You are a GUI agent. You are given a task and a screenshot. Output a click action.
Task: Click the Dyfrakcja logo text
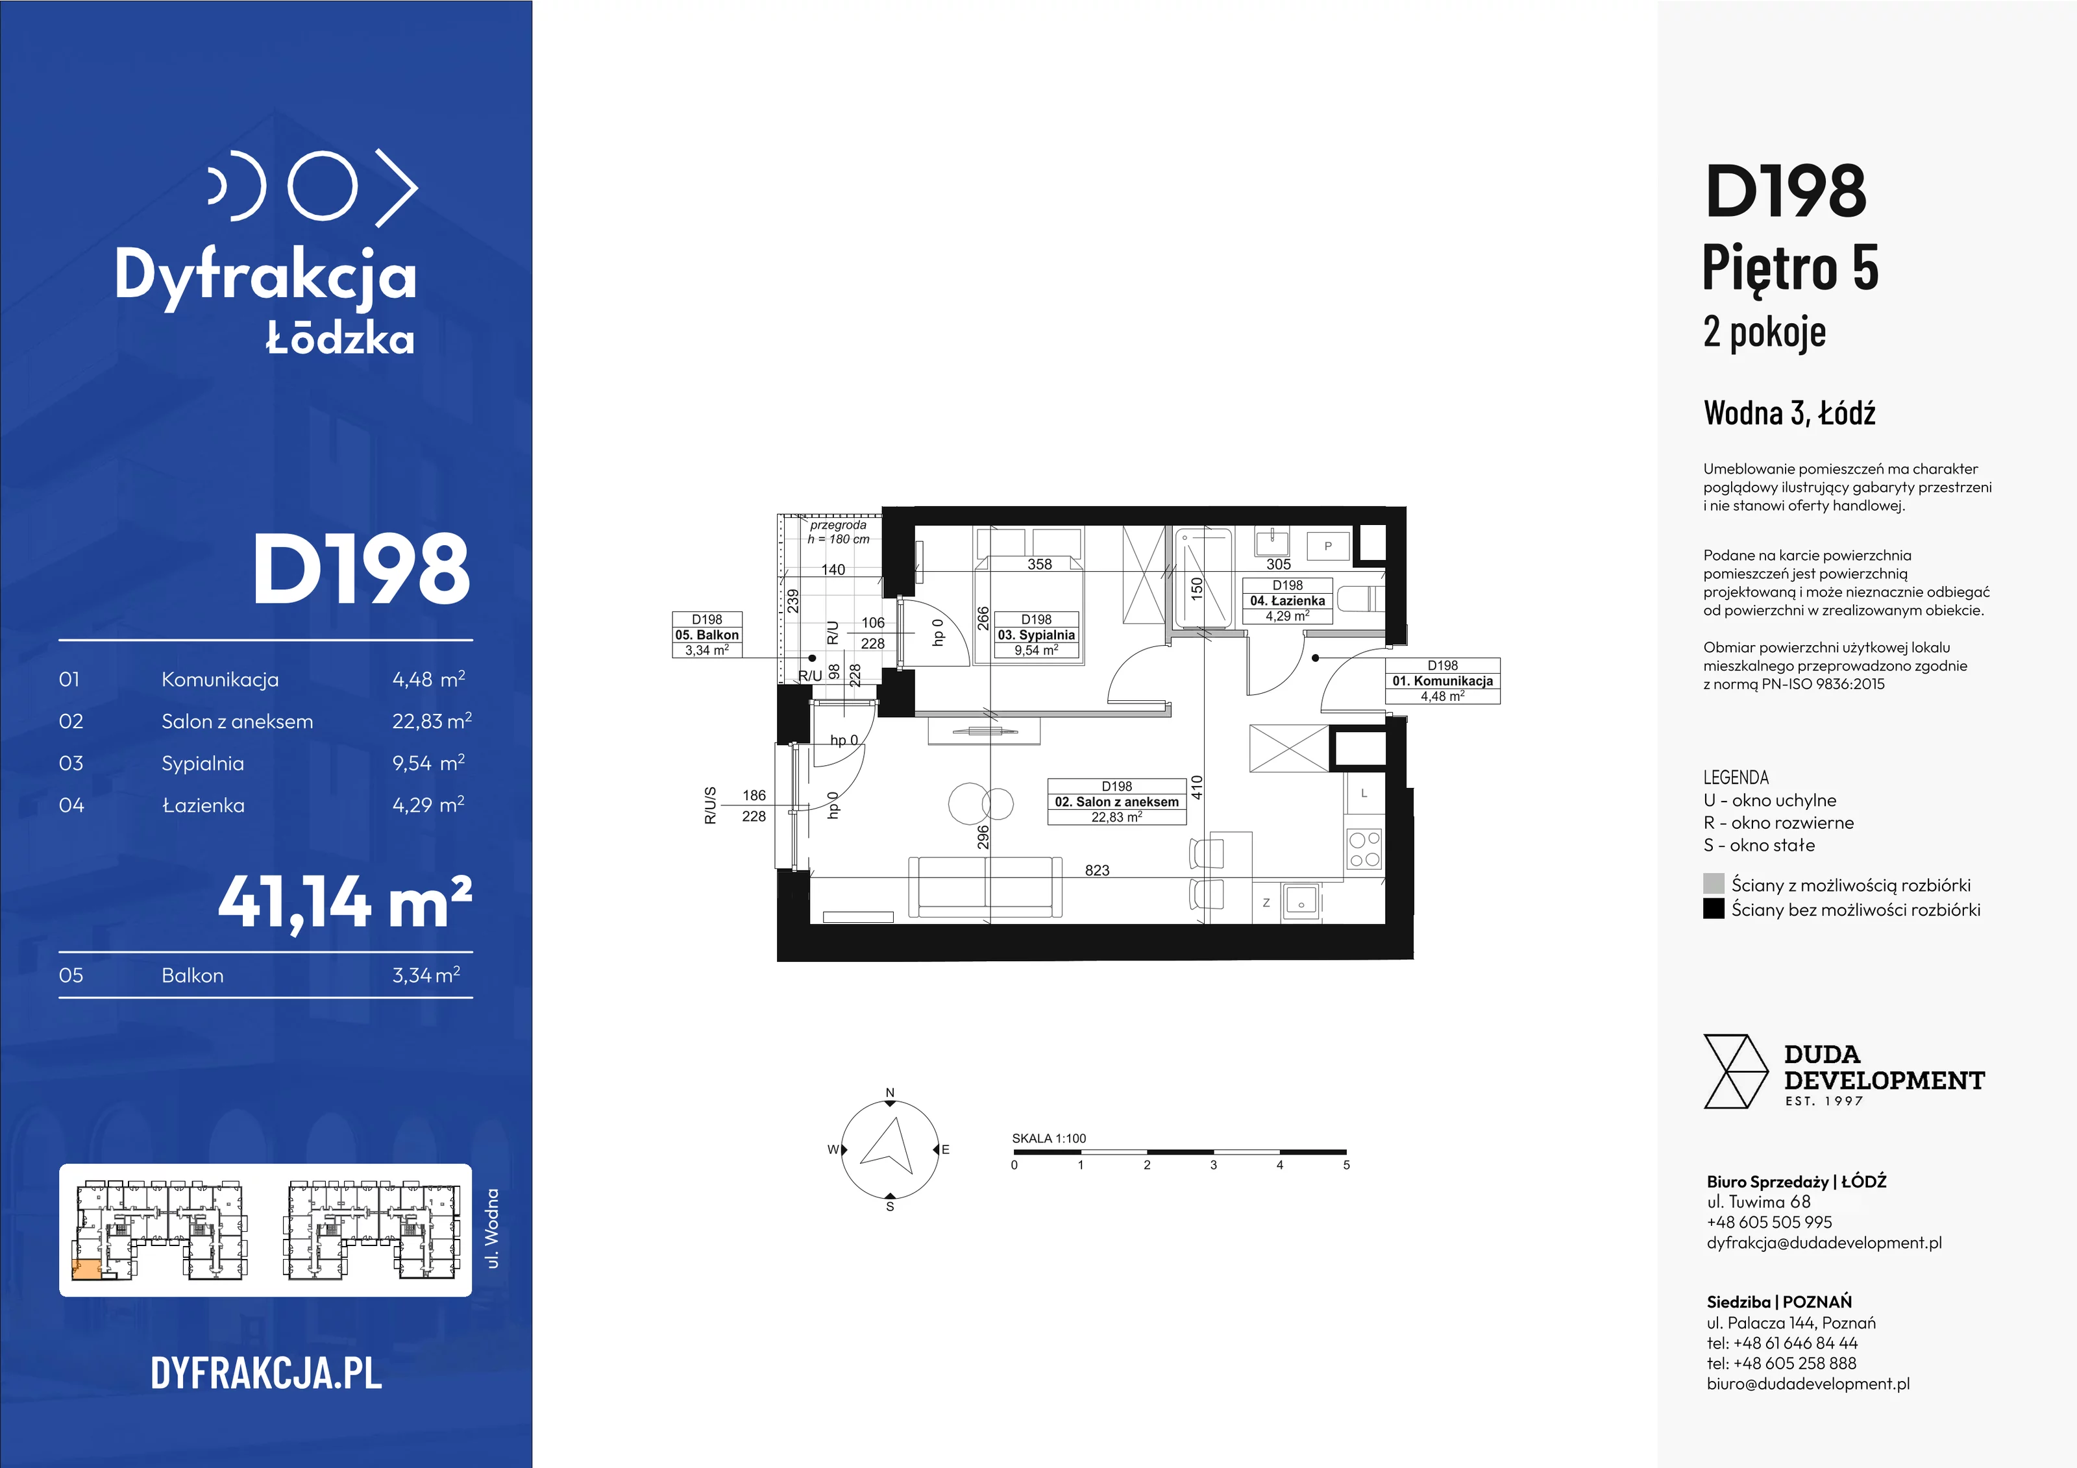pos(265,275)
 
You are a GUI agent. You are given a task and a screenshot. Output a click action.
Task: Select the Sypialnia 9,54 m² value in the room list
pos(428,763)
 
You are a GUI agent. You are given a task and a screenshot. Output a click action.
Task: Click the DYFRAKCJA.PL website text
pos(266,1373)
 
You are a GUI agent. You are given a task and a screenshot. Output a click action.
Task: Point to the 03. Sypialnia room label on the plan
pos(1036,635)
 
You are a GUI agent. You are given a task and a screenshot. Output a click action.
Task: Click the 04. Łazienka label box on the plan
pos(1287,600)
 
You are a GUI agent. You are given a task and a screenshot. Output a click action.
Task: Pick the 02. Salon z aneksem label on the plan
pos(1116,801)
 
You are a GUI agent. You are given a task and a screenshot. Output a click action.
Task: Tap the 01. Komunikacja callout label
pos(1443,681)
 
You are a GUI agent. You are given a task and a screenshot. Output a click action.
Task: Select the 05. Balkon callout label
pos(707,635)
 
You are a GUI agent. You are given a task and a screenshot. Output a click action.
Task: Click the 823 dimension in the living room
pos(1096,870)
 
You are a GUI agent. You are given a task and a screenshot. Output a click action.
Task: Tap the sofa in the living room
pos(985,887)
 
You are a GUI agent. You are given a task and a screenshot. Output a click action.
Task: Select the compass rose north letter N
pos(890,1093)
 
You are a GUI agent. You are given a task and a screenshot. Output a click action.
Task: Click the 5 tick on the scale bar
pos(1346,1165)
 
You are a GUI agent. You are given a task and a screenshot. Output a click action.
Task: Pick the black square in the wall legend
pos(1714,908)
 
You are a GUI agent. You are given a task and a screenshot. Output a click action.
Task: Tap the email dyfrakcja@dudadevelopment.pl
pos(1824,1243)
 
